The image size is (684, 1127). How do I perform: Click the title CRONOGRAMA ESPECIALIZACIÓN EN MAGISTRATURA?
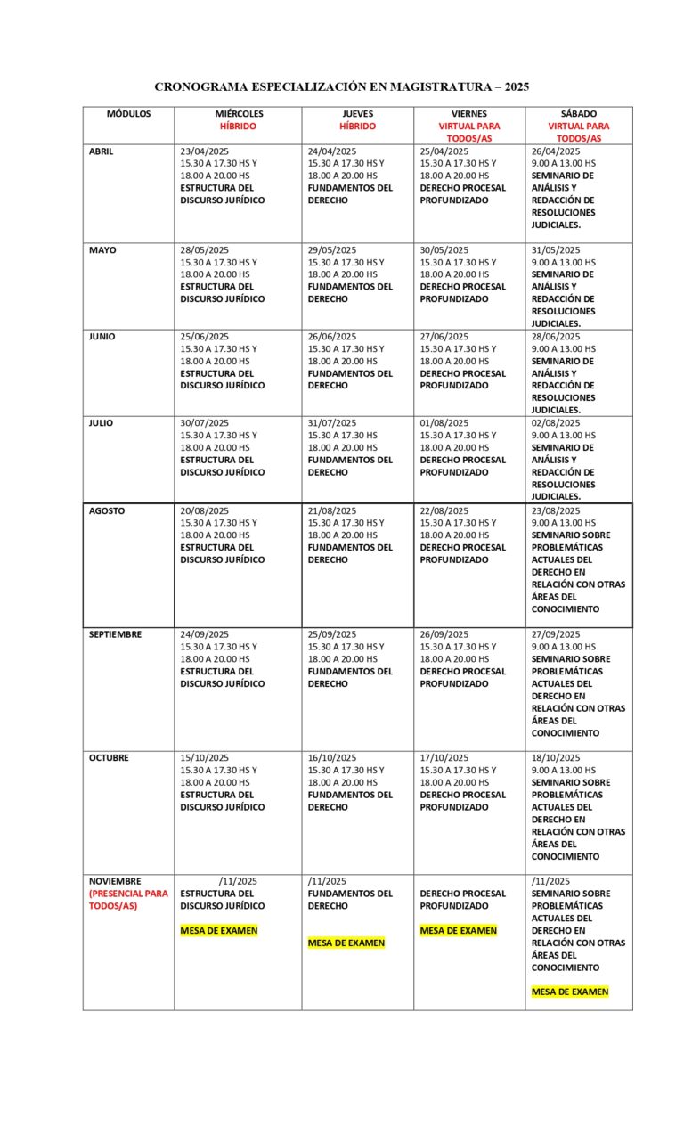pos(341,86)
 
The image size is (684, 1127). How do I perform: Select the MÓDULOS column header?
pos(129,114)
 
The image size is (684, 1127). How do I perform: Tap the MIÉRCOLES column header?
pos(239,114)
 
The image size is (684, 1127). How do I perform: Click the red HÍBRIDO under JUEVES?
pos(358,127)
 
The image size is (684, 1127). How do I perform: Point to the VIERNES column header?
pos(469,114)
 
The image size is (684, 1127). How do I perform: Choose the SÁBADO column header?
pos(579,114)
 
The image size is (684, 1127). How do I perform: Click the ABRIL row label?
pos(102,151)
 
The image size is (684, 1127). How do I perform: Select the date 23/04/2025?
pos(205,151)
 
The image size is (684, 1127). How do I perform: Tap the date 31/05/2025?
pos(556,250)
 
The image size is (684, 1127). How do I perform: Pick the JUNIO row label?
pos(102,337)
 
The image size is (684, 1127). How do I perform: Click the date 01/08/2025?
pos(444,423)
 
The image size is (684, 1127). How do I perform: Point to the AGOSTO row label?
pos(107,510)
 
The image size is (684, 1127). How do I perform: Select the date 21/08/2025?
pos(332,510)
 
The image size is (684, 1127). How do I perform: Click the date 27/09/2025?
pos(556,634)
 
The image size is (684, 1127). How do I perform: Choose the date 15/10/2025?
pos(205,758)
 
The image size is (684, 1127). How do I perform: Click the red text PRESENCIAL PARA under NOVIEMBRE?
pos(128,894)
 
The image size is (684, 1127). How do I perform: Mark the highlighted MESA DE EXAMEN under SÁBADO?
pos(570,992)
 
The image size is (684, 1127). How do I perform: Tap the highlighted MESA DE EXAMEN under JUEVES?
pos(346,943)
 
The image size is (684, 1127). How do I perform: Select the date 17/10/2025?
pos(444,758)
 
